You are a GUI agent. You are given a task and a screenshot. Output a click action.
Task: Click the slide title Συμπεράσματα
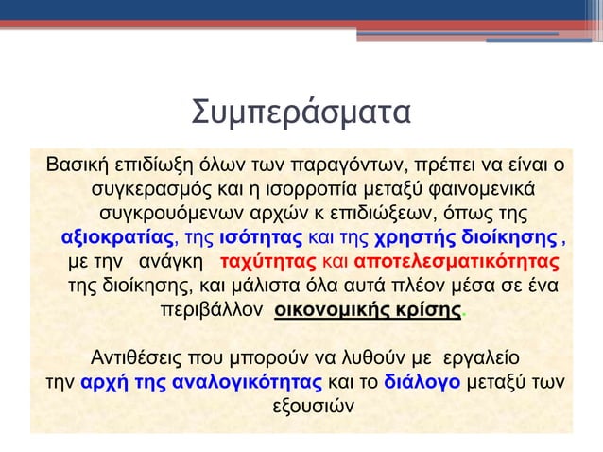click(301, 113)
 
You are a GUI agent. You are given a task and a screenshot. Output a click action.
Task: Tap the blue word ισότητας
click(260, 235)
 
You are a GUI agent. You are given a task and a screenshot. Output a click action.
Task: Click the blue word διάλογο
click(422, 384)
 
